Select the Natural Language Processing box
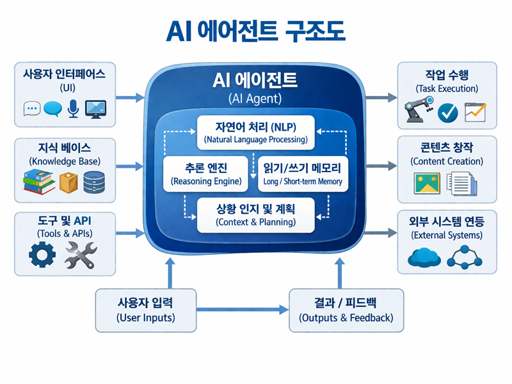click(255, 132)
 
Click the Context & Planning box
click(255, 215)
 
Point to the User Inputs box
click(145, 310)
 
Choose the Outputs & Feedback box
click(346, 310)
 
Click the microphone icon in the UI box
click(73, 109)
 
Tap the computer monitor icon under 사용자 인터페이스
click(96, 109)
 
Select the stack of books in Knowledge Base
click(39, 182)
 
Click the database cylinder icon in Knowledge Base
click(93, 182)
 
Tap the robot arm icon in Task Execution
click(418, 111)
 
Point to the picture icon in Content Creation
click(427, 184)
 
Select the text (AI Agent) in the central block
click(255, 99)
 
